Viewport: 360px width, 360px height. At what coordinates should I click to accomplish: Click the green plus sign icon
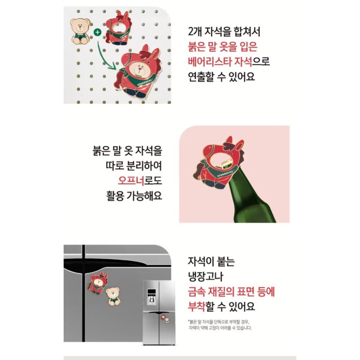[x=96, y=32]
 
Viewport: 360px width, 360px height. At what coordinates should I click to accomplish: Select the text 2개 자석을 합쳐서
[x=223, y=32]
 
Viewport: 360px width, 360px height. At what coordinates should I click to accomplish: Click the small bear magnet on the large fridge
[x=115, y=296]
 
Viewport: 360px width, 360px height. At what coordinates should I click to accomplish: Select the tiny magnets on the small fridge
[x=165, y=318]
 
